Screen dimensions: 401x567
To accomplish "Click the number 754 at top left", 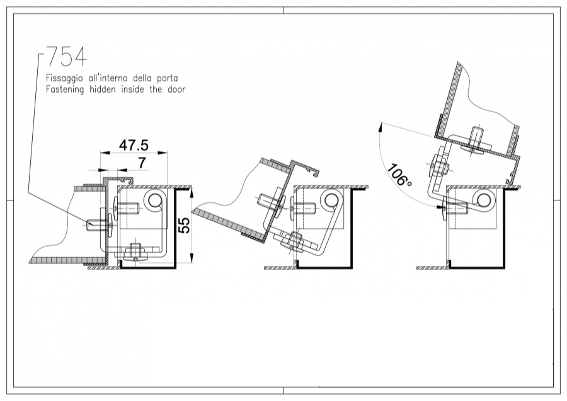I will (66, 57).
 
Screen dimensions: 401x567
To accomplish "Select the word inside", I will (140, 90).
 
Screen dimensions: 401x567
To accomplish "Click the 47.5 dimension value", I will (134, 144).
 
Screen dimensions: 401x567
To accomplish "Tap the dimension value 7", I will (142, 163).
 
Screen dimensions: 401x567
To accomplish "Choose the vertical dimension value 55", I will (184, 226).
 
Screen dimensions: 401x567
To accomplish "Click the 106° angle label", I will (399, 176).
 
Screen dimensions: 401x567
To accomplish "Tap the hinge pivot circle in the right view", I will (484, 201).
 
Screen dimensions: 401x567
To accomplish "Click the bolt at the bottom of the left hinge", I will (135, 252).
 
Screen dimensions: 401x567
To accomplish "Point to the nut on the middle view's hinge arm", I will (294, 240).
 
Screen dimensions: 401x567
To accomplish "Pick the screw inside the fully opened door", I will (476, 141).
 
